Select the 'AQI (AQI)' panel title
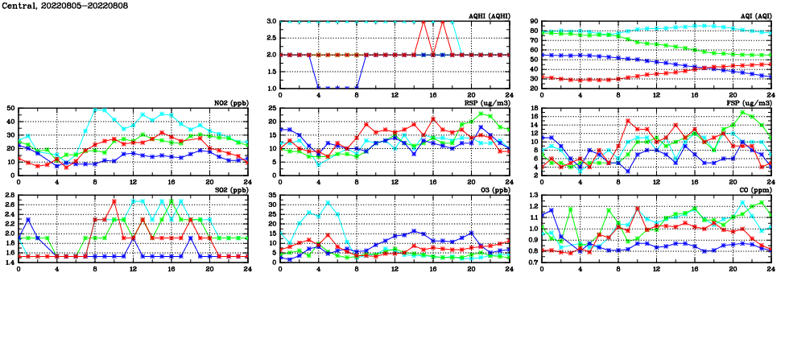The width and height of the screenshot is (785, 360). (752, 15)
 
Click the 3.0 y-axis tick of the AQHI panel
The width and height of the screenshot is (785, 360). (272, 22)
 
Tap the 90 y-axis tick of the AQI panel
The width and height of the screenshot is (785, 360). (534, 22)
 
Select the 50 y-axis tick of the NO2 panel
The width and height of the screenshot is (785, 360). (10, 108)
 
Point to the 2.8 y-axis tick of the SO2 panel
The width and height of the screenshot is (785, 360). (10, 196)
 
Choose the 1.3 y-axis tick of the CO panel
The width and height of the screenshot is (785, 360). (534, 196)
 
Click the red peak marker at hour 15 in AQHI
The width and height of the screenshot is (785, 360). (423, 22)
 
